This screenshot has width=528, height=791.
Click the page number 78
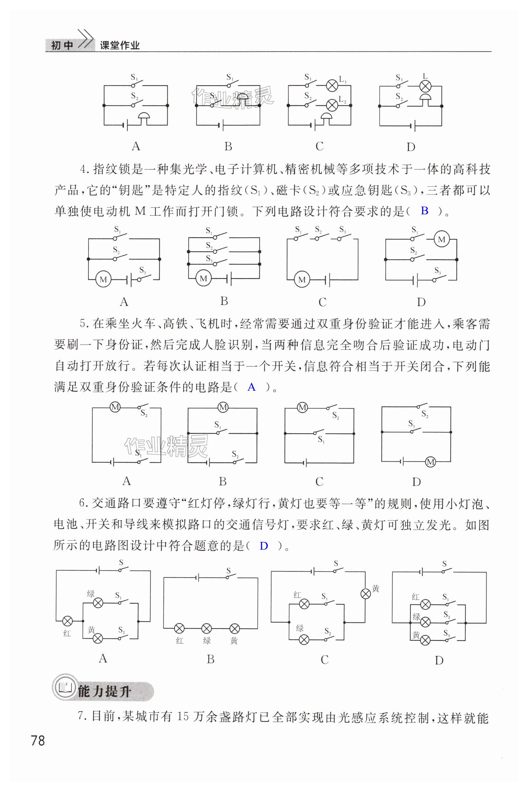[38, 740]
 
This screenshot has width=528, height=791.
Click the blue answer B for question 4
[425, 211]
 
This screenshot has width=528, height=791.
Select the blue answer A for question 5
[251, 387]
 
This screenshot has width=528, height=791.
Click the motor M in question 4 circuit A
[103, 279]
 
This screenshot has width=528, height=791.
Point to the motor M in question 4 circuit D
[441, 239]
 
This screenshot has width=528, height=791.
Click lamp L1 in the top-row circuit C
[332, 85]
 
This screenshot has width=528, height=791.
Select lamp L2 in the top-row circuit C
[332, 105]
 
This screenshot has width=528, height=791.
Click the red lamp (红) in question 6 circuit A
[67, 621]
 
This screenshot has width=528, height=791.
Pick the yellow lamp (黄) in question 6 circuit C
[366, 593]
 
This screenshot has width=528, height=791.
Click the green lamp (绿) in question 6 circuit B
[206, 628]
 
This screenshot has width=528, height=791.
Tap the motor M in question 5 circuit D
[430, 462]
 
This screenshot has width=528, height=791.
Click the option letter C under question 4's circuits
[322, 302]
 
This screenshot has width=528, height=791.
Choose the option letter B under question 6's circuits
[211, 659]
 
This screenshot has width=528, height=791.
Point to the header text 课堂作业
[119, 45]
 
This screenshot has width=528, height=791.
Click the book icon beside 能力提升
[65, 688]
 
